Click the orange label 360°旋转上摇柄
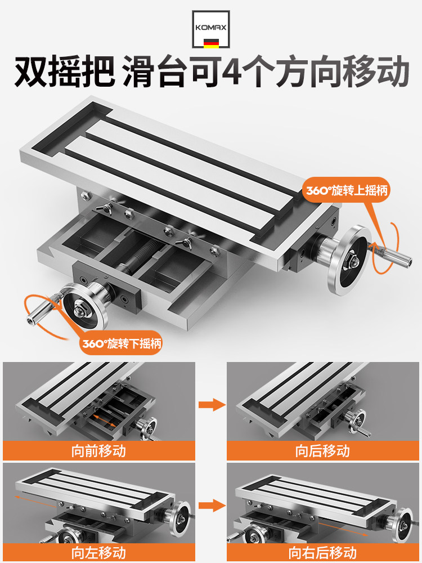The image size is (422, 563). [347, 190]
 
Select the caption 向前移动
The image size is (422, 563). [99, 451]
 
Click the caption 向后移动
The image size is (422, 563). [323, 451]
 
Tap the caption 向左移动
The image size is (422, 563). [99, 552]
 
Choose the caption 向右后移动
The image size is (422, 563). [323, 552]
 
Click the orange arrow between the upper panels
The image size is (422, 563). [211, 404]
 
